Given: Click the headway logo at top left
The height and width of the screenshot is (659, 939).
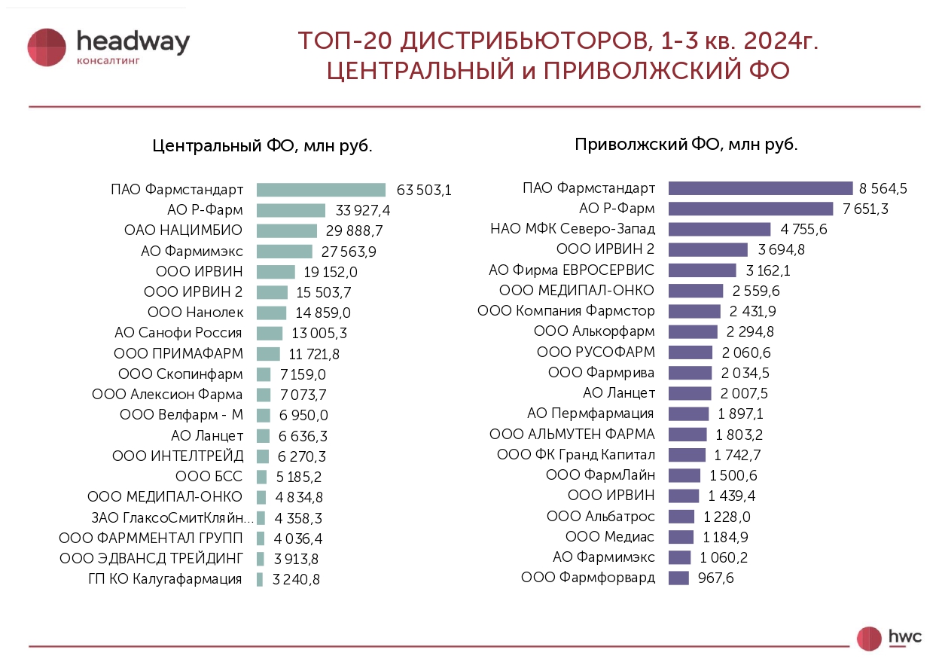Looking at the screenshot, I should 108,47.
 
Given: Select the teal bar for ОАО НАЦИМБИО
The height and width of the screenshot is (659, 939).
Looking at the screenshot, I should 287,230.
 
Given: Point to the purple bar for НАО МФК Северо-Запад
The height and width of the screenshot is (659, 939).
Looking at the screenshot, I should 719,229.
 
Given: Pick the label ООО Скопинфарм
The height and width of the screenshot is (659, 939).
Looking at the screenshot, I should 181,374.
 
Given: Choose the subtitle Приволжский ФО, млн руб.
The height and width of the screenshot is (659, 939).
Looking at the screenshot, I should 686,145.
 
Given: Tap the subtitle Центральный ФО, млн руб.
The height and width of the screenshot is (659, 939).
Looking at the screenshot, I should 262,146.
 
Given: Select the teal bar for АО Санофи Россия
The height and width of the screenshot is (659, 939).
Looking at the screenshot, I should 270,333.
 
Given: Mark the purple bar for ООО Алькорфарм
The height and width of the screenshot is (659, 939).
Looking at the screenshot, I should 693,331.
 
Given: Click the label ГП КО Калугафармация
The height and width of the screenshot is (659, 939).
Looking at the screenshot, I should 166,579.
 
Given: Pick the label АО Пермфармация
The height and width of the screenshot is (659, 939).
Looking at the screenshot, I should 590,413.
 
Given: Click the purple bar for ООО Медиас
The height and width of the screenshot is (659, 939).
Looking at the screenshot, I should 681,537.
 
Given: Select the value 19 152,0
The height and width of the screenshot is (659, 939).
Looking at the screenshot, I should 331,272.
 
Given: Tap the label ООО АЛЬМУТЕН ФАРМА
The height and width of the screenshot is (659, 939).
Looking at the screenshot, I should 572,435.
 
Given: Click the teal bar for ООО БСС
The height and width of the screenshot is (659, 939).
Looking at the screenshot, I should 261,477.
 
